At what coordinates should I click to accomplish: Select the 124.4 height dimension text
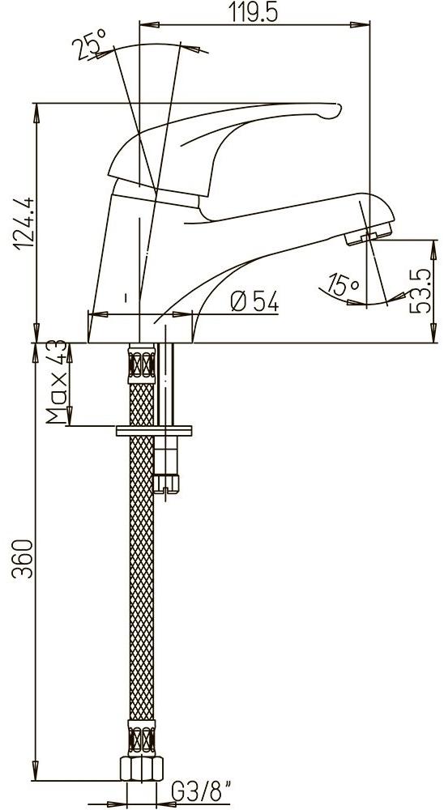coord(24,224)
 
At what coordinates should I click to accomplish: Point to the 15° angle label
coord(344,284)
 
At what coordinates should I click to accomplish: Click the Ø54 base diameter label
coord(254,301)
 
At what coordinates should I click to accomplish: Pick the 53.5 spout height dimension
coord(421,291)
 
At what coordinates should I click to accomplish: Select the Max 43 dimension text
coord(57,382)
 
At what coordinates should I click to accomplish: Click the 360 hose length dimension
coord(23,559)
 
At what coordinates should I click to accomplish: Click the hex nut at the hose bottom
coord(142,768)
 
